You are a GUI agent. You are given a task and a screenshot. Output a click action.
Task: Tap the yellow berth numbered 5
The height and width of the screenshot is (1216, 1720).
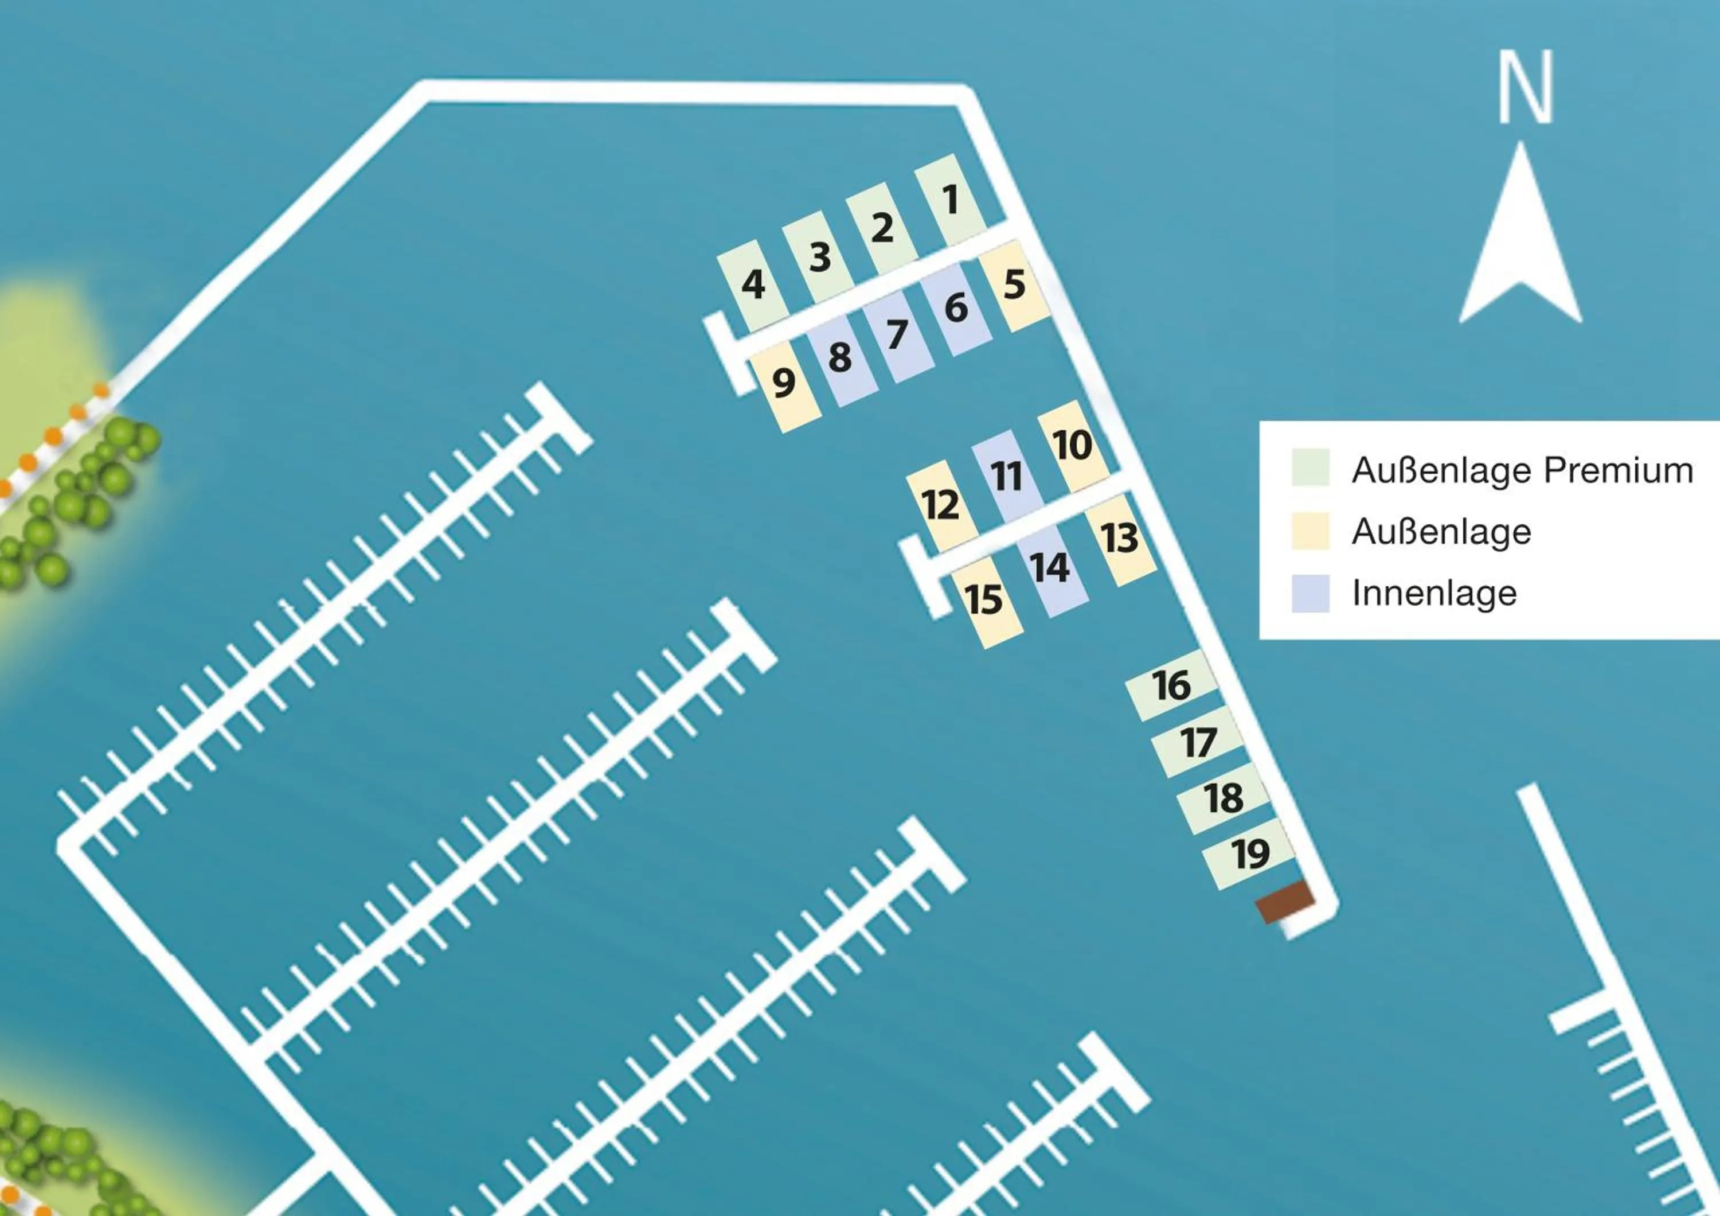point(1014,284)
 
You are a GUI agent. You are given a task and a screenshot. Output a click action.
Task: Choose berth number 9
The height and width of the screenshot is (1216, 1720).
point(784,384)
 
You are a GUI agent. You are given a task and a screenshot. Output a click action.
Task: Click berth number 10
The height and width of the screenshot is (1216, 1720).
point(1073,445)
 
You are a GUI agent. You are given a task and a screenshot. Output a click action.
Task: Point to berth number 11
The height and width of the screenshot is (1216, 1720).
point(1006,476)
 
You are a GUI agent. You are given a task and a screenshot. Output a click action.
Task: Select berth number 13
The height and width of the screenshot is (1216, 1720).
point(1120,538)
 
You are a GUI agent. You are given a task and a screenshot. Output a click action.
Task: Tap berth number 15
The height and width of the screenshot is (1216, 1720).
point(984,600)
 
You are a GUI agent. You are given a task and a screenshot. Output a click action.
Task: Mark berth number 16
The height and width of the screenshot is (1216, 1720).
point(1172,685)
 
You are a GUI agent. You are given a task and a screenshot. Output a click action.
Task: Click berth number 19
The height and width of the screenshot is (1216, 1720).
point(1249,853)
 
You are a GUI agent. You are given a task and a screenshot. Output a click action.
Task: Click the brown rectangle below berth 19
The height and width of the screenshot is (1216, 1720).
point(1285,902)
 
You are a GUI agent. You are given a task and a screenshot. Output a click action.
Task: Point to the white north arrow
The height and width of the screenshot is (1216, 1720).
point(1520,247)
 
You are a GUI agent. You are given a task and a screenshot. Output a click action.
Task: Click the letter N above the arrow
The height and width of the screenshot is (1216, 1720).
point(1525,87)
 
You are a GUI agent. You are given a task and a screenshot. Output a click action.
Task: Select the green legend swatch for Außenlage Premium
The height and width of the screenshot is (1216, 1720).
point(1310,467)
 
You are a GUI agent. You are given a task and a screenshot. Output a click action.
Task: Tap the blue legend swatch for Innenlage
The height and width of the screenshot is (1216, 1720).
point(1310,594)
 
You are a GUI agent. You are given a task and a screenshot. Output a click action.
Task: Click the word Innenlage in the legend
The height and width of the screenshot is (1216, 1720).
point(1434,594)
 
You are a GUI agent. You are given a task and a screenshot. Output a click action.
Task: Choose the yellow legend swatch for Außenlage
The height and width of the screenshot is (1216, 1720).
point(1310,531)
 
